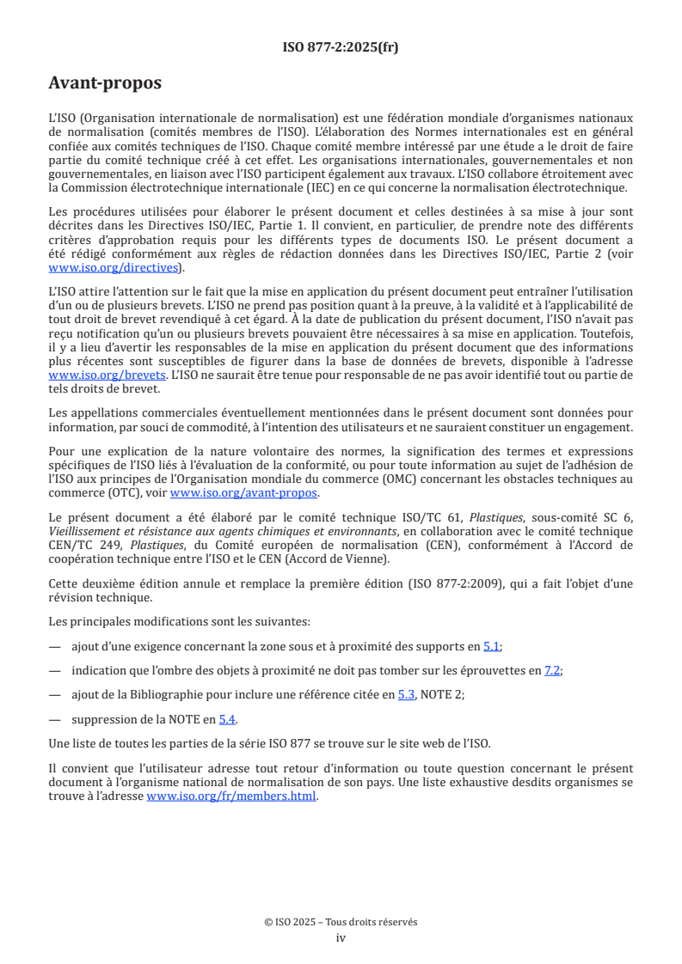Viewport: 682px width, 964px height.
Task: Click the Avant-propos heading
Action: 105,83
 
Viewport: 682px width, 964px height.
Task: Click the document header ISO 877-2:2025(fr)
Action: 341,47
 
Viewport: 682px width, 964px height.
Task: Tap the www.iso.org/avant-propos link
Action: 243,492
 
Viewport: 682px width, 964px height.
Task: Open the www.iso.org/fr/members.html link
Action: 231,796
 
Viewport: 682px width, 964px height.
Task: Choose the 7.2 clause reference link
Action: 553,670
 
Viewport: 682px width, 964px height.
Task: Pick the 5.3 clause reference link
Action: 406,694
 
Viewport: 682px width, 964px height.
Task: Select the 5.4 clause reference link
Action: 226,718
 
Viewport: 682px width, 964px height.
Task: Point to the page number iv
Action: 341,937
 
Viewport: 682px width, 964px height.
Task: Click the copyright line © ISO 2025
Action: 341,922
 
